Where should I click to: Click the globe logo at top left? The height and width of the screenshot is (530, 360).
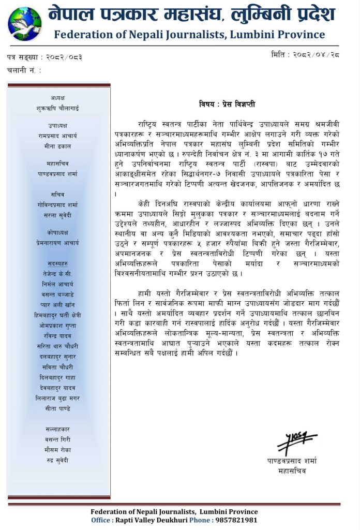(24, 23)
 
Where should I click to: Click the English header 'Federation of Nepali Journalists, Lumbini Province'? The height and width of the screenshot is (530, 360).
(189, 35)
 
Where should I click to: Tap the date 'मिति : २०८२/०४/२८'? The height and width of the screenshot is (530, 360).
(305, 54)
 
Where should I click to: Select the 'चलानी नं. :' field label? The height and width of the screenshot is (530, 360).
(24, 70)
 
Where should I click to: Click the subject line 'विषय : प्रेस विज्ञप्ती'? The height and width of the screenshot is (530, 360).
(227, 104)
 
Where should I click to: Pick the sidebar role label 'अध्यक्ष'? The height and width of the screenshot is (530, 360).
(57, 98)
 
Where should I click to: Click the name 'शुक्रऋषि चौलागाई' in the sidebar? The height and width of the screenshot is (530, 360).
(57, 108)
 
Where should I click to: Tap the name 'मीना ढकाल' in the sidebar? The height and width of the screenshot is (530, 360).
(57, 146)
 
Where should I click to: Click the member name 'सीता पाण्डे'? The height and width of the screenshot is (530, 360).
(57, 408)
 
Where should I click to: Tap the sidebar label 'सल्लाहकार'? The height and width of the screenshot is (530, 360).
(57, 429)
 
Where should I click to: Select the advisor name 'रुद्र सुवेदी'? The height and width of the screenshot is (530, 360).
(57, 460)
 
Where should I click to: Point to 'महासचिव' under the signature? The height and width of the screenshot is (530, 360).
(292, 471)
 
